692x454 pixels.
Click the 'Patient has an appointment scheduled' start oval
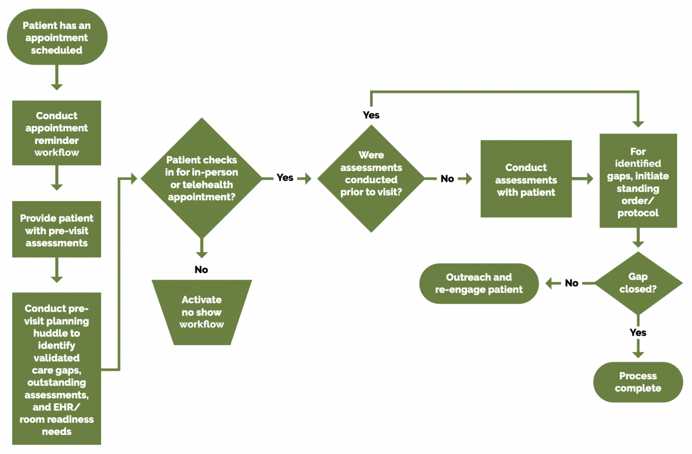click(x=57, y=37)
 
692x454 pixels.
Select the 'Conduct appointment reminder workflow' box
click(x=57, y=133)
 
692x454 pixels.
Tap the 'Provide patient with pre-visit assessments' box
click(x=57, y=230)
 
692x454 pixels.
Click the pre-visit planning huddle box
click(x=57, y=369)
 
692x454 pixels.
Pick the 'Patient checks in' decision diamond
click(x=201, y=178)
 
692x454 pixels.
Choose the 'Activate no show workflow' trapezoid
click(x=201, y=312)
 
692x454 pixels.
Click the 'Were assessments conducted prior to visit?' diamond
click(x=371, y=179)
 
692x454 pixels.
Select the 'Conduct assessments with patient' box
click(x=526, y=179)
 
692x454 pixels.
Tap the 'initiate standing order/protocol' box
click(x=638, y=181)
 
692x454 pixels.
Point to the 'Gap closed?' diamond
click(x=638, y=283)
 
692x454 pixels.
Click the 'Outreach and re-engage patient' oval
click(x=479, y=283)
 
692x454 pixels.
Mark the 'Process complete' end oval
click(x=638, y=382)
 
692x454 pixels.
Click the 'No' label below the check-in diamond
click(x=201, y=270)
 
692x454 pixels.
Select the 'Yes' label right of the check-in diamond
click(x=285, y=178)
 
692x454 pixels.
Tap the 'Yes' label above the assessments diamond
click(x=371, y=115)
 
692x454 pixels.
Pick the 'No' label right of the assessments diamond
click(x=447, y=179)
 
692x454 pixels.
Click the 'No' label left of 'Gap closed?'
click(x=572, y=283)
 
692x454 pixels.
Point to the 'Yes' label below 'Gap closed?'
click(x=638, y=333)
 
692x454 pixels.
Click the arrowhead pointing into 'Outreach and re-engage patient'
click(x=550, y=283)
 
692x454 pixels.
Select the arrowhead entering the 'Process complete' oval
click(x=638, y=354)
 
